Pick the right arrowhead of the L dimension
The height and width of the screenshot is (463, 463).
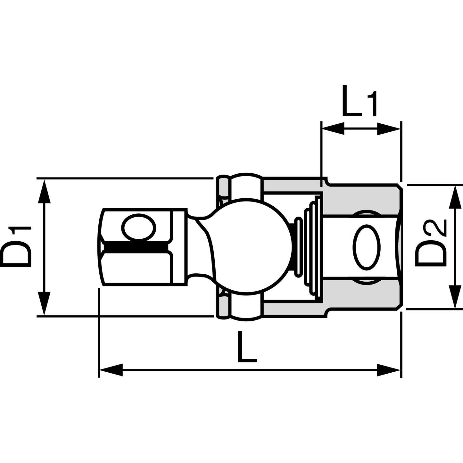coord(389,370)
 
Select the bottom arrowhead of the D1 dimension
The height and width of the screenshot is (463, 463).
coord(44,303)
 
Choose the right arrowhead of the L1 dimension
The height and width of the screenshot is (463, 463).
coord(388,129)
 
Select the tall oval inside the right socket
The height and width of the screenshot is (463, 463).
coord(367,246)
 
